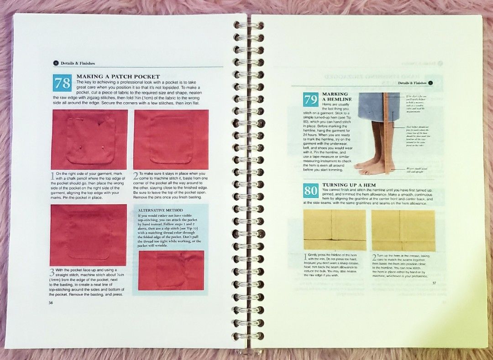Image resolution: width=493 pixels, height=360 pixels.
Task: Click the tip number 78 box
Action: click(62, 83)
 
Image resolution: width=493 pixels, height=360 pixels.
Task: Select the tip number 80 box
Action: click(310, 190)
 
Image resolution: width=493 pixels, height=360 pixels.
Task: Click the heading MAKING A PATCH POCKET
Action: click(118, 76)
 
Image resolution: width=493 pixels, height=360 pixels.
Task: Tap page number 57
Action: click(434, 283)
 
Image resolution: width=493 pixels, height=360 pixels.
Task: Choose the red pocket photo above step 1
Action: click(89, 139)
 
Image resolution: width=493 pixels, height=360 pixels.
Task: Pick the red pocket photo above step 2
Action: click(171, 139)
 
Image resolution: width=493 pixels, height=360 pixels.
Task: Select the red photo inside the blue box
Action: click(171, 270)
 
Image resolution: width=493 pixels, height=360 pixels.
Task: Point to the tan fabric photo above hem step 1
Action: click(335, 230)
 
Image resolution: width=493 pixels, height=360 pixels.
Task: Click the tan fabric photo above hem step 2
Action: click(403, 230)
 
